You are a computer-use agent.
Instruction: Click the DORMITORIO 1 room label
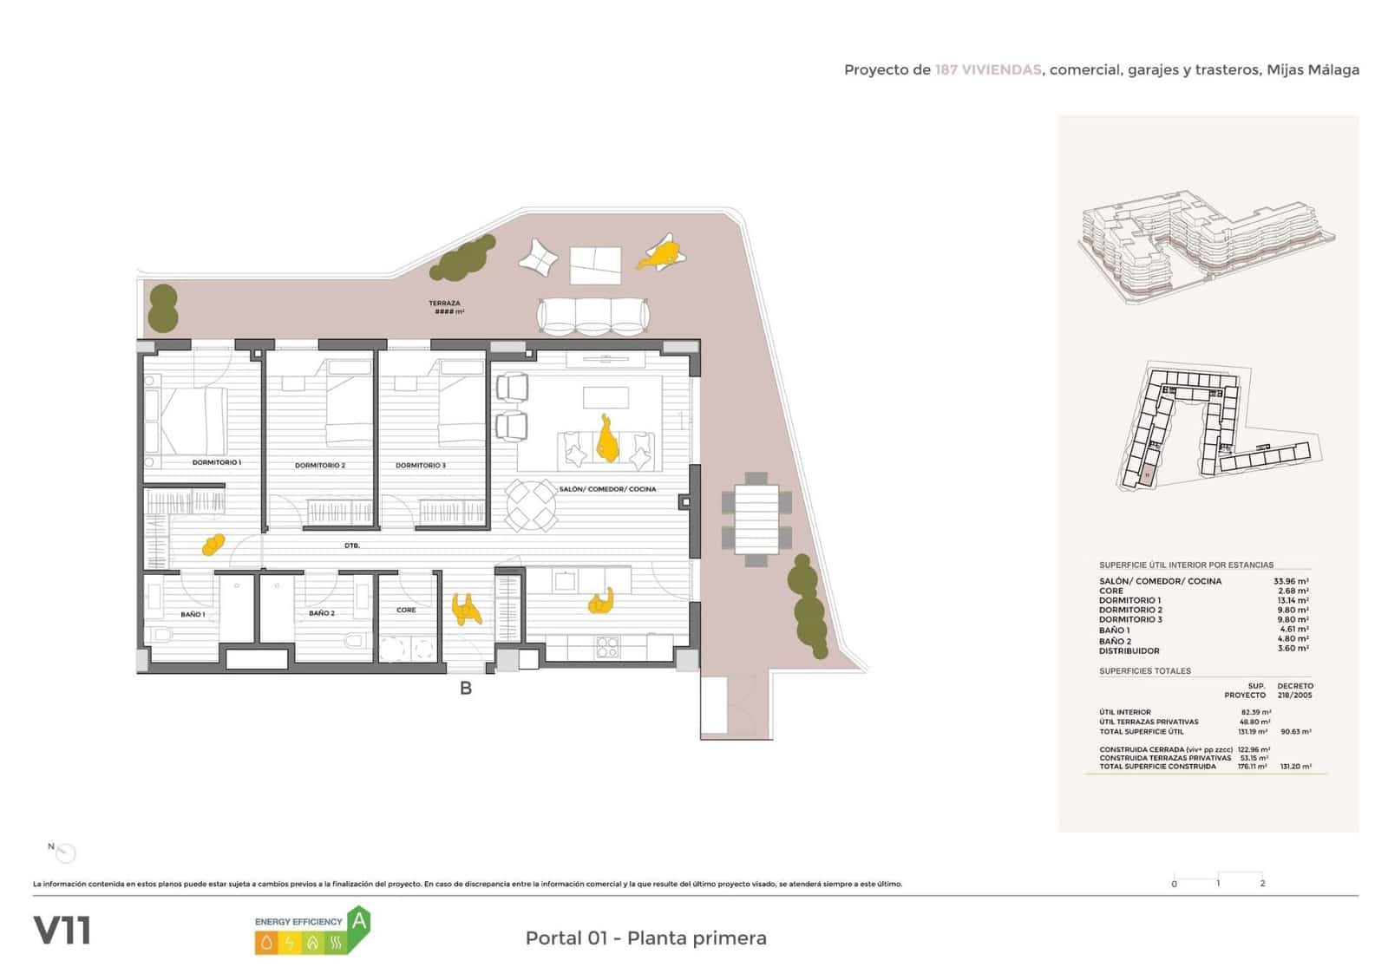[x=217, y=462]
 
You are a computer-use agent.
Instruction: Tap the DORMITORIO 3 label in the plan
[x=421, y=466]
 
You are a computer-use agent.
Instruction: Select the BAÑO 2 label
[x=321, y=613]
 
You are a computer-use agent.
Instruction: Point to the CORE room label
[x=406, y=610]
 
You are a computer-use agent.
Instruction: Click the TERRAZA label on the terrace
[x=445, y=304]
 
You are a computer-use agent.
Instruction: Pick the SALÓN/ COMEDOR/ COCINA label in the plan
[x=607, y=489]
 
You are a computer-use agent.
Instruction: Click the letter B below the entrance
[x=466, y=689]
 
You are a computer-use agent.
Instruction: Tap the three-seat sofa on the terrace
[x=593, y=317]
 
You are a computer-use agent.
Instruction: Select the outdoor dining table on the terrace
[x=756, y=519]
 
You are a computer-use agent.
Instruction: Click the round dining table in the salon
[x=531, y=506]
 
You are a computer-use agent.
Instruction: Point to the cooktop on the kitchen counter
[x=607, y=646]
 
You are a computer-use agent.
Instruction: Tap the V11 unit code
[x=62, y=931]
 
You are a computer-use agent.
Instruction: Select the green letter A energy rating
[x=357, y=920]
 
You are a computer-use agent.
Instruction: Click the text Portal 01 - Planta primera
[x=645, y=938]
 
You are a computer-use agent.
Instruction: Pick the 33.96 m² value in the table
[x=1291, y=581]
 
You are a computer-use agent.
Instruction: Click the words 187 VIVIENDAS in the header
[x=987, y=70]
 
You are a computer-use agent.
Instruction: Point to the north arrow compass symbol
[x=64, y=853]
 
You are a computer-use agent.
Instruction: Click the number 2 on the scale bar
[x=1262, y=884]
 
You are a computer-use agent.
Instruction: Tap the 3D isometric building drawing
[x=1206, y=252]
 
